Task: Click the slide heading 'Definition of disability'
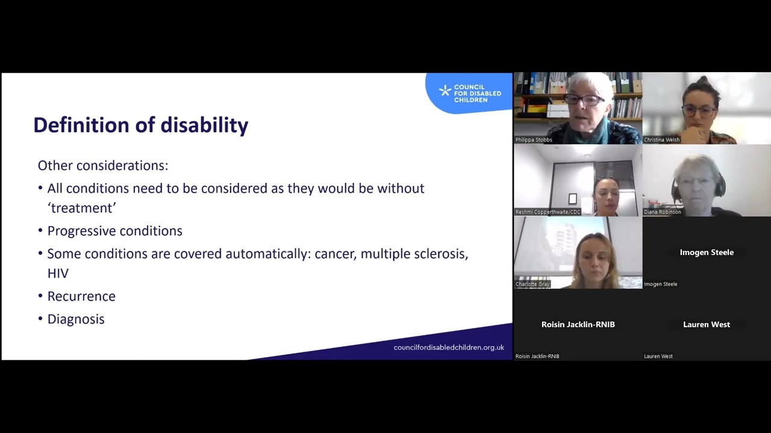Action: [140, 125]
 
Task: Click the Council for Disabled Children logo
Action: [470, 93]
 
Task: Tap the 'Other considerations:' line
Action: [102, 165]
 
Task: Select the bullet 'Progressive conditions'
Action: [114, 231]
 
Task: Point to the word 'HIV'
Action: [58, 274]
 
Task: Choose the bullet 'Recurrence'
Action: [81, 296]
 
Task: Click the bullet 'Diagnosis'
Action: [76, 319]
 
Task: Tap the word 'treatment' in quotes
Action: [81, 208]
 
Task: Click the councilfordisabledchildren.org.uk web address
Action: [448, 348]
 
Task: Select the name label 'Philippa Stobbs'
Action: [534, 140]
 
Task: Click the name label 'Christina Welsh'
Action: [661, 140]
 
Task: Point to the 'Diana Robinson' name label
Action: [662, 212]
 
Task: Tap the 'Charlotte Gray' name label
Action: [532, 284]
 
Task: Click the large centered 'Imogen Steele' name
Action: [707, 253]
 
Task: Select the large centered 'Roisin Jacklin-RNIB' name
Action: [578, 325]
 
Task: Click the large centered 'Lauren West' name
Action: [707, 325]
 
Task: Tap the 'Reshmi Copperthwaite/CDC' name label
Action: [548, 212]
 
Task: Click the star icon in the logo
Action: [445, 91]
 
